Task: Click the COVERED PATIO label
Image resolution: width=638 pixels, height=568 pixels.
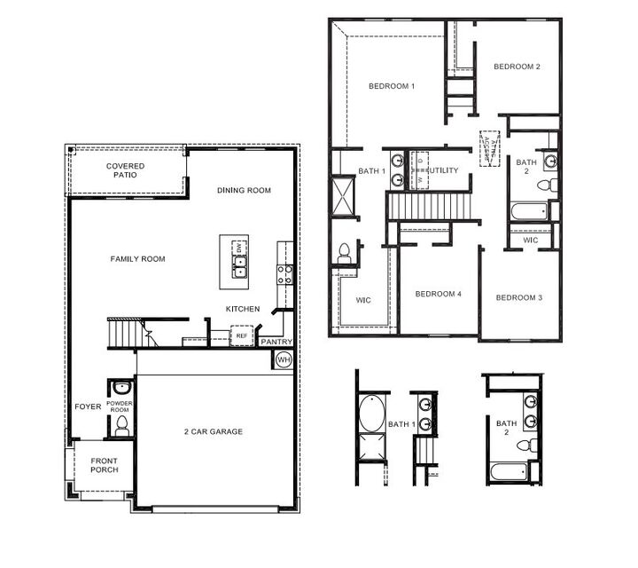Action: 125,170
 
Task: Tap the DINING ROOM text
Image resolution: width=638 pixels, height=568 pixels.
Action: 244,190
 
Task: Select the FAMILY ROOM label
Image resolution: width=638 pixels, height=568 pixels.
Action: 137,259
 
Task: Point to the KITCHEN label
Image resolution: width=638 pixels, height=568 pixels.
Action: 243,309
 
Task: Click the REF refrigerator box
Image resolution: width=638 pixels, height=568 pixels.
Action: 241,336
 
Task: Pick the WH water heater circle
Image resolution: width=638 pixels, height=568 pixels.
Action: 284,359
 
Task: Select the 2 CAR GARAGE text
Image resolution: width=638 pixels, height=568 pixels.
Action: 214,431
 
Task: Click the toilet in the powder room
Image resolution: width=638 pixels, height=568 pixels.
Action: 121,426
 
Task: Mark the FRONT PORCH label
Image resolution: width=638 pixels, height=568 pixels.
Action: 104,465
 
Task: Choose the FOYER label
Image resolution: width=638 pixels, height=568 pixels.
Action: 88,406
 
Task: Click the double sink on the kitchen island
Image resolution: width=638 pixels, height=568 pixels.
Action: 239,270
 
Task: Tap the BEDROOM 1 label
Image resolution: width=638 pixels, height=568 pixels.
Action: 392,86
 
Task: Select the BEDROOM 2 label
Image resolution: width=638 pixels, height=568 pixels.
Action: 517,67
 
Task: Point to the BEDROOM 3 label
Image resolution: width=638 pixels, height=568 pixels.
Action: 518,297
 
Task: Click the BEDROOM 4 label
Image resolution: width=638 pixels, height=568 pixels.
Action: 439,294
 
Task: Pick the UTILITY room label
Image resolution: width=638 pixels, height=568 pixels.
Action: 444,170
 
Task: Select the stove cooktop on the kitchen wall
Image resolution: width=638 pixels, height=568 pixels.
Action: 285,274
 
